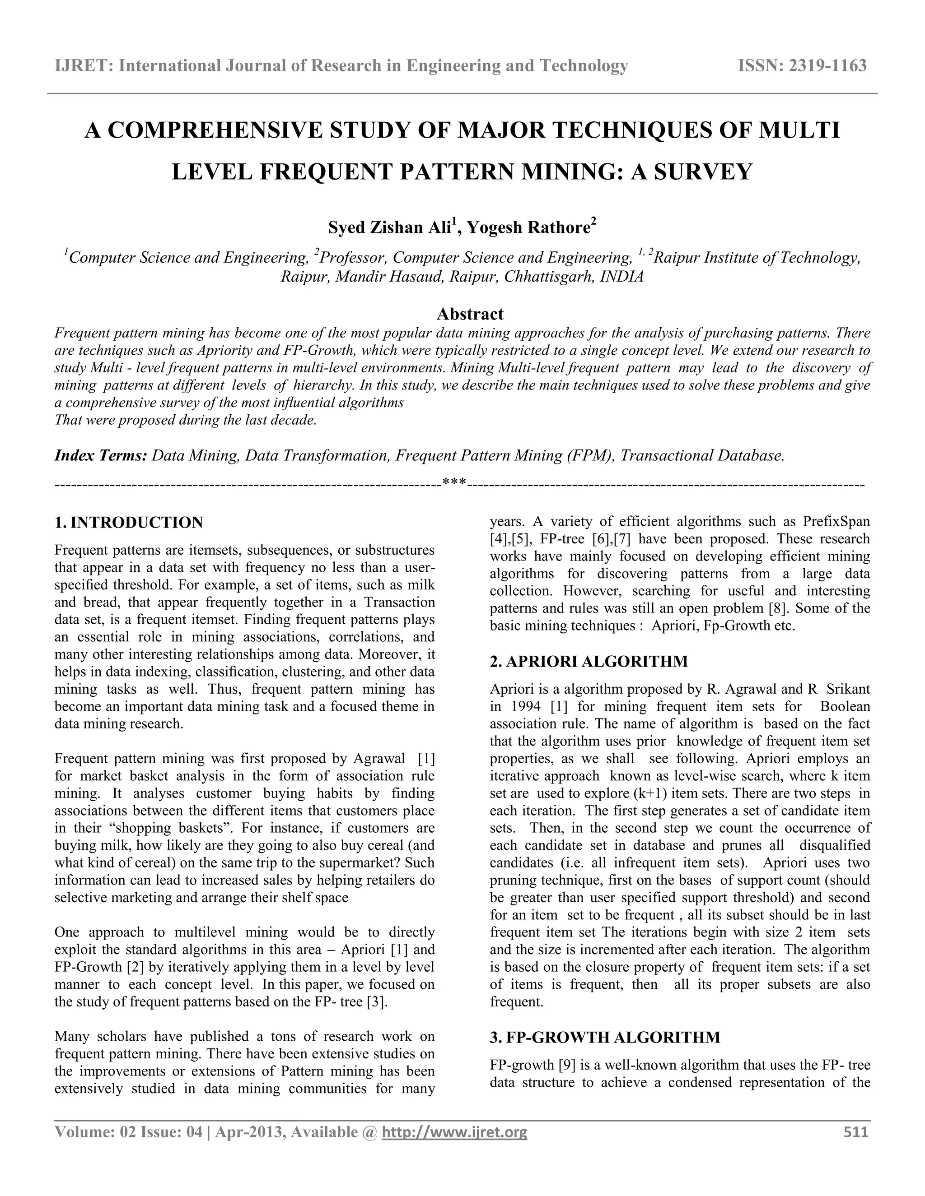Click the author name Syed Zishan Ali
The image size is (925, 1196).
(390, 227)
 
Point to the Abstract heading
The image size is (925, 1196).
(470, 314)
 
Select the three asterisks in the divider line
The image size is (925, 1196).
(454, 483)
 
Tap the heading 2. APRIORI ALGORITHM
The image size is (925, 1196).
(589, 661)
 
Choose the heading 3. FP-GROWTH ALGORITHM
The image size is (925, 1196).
(605, 1037)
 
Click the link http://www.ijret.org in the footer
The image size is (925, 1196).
(454, 1132)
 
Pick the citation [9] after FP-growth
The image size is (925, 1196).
(567, 1065)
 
